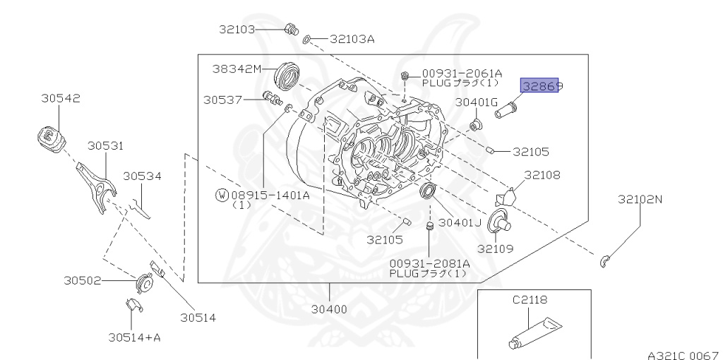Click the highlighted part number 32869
point(540,86)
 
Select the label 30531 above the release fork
point(105,145)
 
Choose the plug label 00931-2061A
point(462,73)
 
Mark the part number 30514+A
point(134,337)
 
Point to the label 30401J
point(460,222)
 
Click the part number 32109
point(495,248)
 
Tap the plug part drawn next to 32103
point(289,30)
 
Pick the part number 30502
point(84,280)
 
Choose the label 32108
point(542,174)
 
